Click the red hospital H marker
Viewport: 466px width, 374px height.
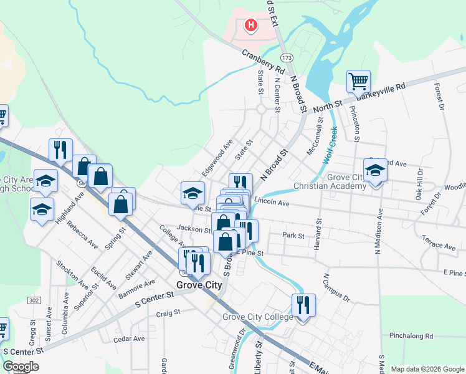[250, 26]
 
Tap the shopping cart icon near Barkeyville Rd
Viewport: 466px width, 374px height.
[358, 81]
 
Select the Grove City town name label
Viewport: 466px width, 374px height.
[199, 285]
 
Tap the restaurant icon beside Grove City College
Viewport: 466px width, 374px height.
[303, 306]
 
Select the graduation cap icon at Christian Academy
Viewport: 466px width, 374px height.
[375, 170]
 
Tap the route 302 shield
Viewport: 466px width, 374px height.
[34, 300]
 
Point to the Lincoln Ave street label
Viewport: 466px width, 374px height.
[272, 203]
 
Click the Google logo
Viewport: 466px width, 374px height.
[21, 367]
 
